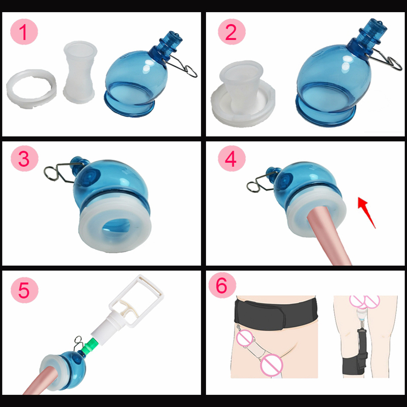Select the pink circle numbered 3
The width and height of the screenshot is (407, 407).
[x=23, y=159]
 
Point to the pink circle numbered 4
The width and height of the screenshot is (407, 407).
[x=231, y=159]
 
